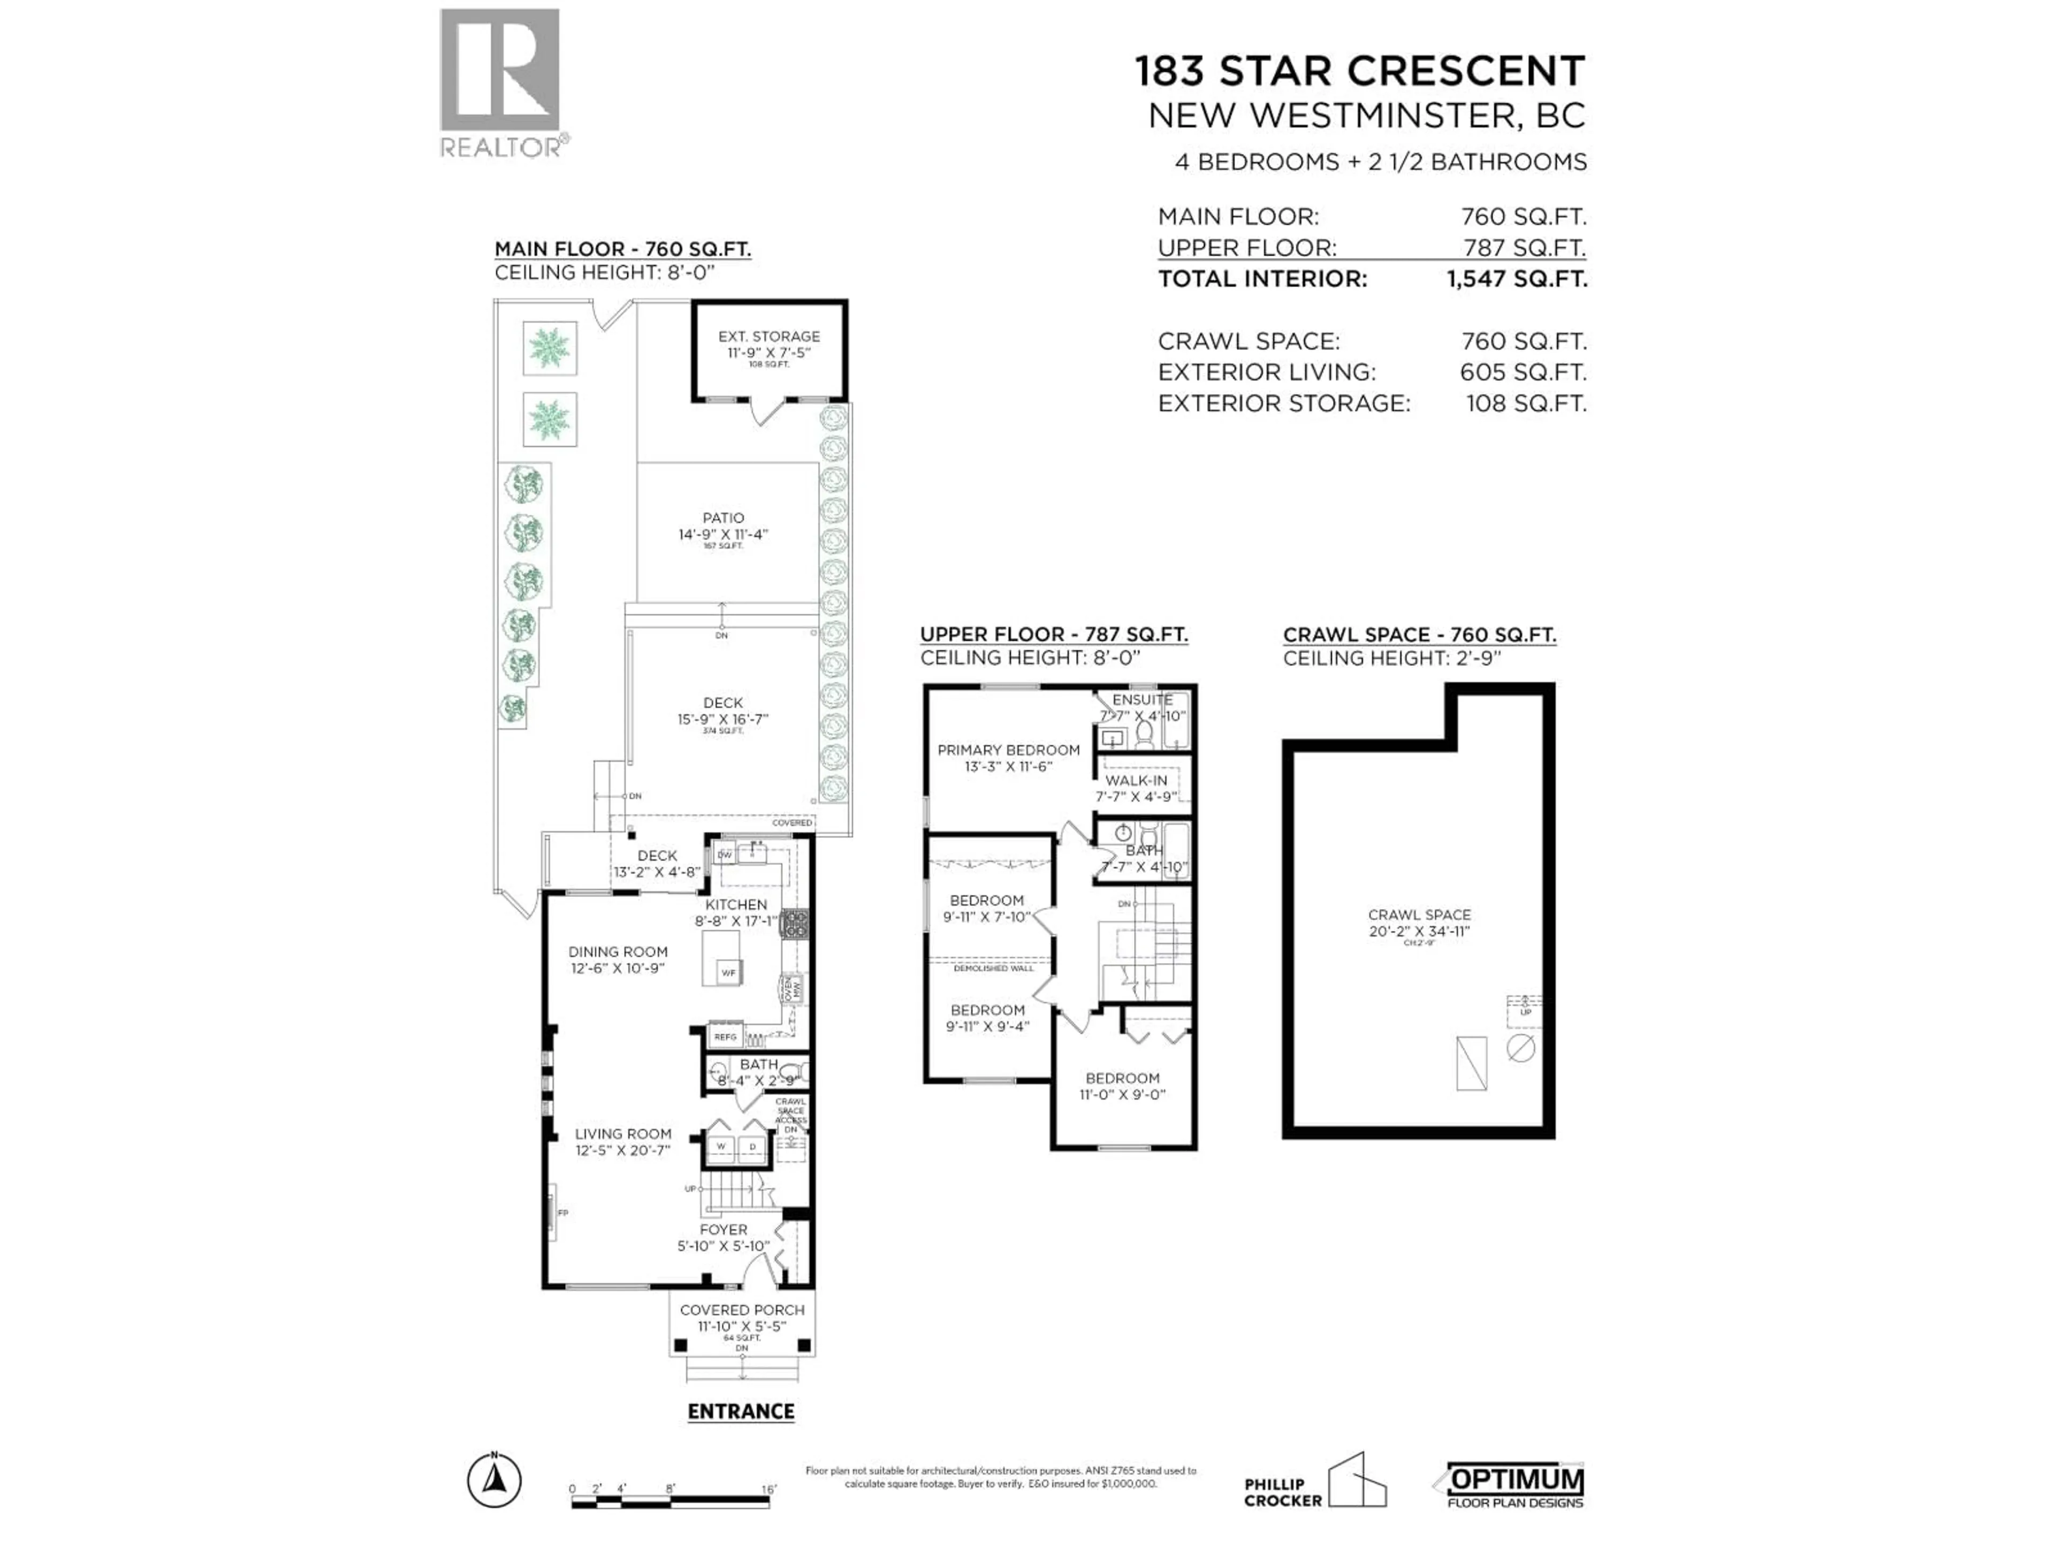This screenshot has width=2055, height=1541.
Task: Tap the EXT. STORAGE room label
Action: point(768,336)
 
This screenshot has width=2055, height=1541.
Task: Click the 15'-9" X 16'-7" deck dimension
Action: point(723,719)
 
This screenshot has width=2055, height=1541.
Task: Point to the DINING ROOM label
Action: point(618,951)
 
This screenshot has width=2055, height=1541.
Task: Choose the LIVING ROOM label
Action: point(622,1133)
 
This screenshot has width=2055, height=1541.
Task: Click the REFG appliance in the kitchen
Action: point(725,1036)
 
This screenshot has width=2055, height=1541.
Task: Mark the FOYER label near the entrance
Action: point(723,1229)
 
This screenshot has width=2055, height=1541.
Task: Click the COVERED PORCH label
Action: point(741,1310)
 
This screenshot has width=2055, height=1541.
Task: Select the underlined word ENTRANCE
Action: point(741,1411)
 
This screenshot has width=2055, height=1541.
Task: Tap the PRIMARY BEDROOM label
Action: point(1008,750)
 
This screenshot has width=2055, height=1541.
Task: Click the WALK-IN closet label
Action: point(1135,780)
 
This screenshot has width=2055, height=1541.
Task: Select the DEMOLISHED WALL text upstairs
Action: point(993,968)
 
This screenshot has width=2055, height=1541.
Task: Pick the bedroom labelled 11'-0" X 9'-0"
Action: point(1121,1086)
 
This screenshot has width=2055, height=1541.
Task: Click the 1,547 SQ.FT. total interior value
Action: point(1516,279)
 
